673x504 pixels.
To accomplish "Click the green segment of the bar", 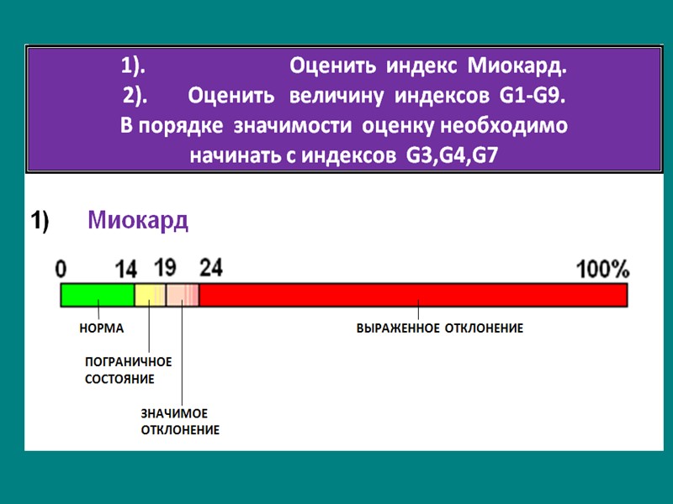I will point(98,295).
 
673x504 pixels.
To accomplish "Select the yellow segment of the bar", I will point(151,295).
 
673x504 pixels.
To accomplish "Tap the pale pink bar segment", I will point(182,295).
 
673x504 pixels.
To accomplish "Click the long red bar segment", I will point(412,295).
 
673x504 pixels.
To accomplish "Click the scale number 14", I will point(125,269).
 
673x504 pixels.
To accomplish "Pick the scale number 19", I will point(166,267).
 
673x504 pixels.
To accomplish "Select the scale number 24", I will point(211,267).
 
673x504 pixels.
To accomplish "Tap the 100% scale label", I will point(602,269).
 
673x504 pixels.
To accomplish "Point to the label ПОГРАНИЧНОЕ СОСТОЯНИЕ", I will point(128,370).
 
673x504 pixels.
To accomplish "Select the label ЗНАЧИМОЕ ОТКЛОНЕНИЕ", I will point(179,422).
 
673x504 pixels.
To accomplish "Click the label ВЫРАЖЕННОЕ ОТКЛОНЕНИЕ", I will point(440,328).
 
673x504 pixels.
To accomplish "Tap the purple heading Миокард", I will point(138,221).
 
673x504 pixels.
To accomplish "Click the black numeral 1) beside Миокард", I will point(40,221).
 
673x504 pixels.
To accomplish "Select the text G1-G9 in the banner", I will point(532,97).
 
